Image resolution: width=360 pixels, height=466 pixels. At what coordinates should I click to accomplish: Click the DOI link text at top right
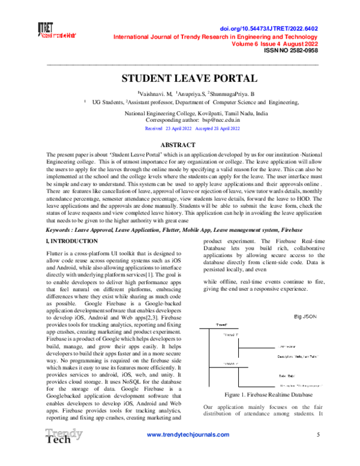pyautogui.click(x=278, y=28)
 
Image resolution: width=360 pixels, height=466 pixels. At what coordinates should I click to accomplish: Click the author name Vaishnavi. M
pyautogui.click(x=156, y=94)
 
